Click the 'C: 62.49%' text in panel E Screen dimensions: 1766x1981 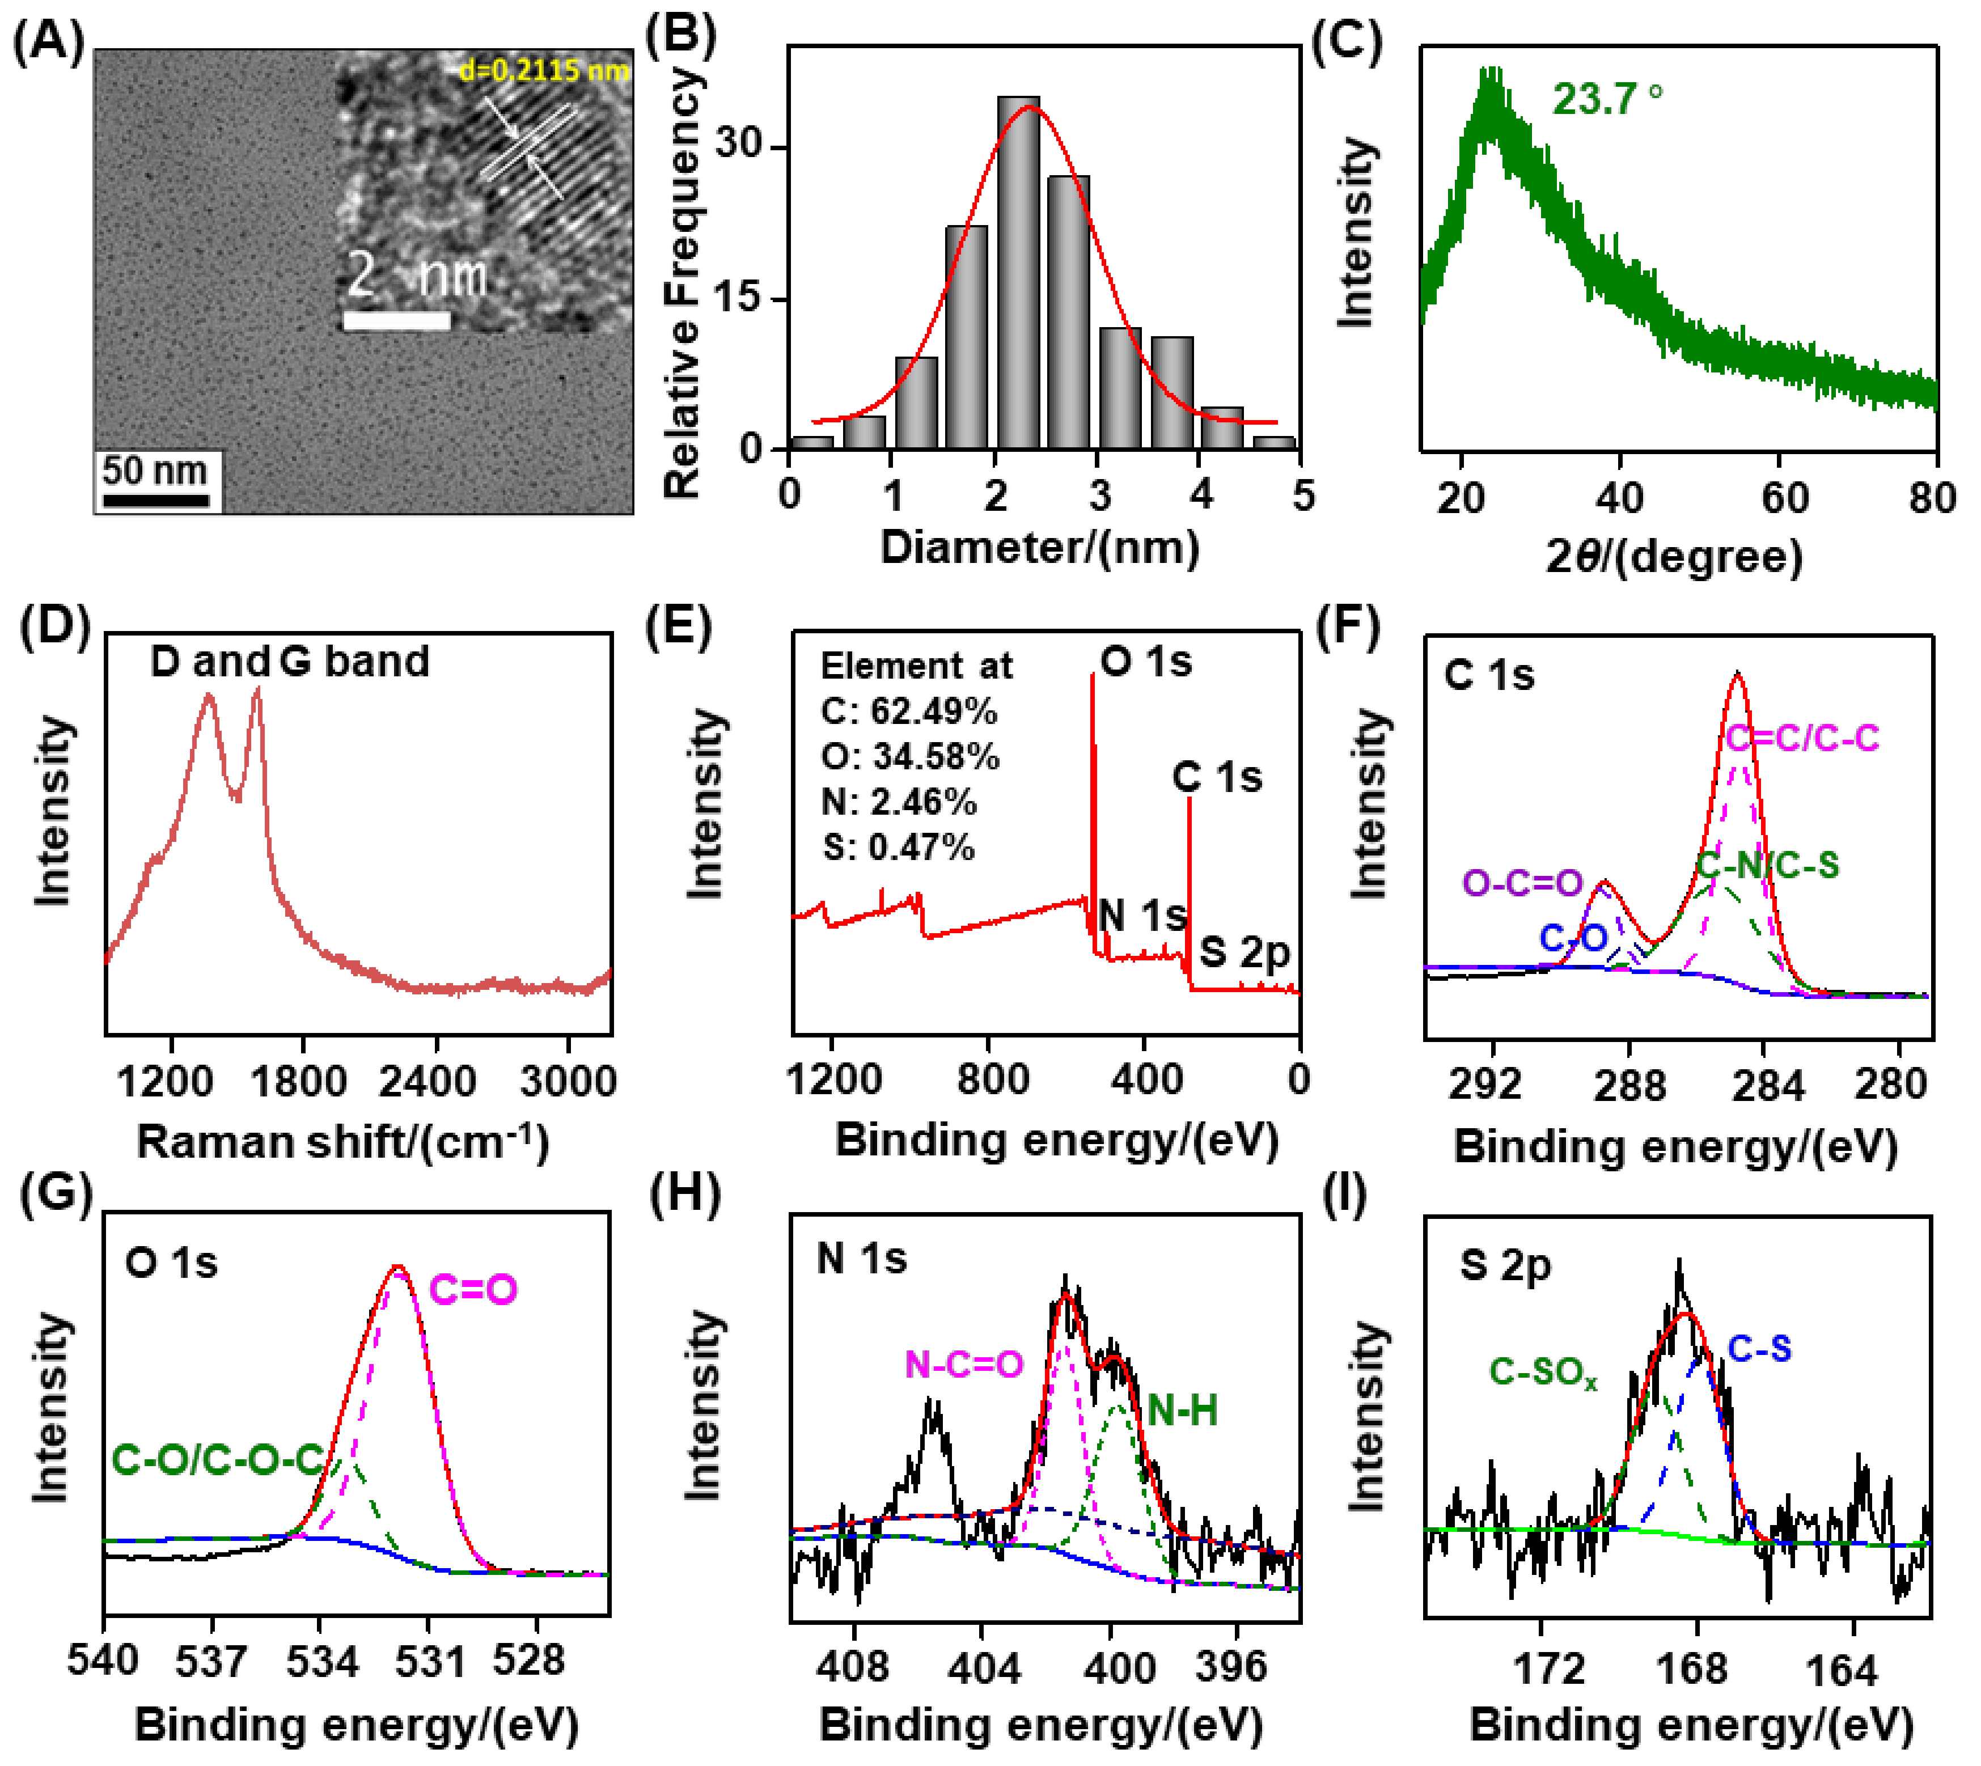tap(908, 712)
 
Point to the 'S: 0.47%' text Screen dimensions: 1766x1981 tap(898, 847)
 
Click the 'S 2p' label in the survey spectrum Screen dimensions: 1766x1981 tap(1245, 953)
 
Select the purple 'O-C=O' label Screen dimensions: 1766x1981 tap(1522, 883)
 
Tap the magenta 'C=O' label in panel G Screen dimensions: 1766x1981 tap(473, 1290)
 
